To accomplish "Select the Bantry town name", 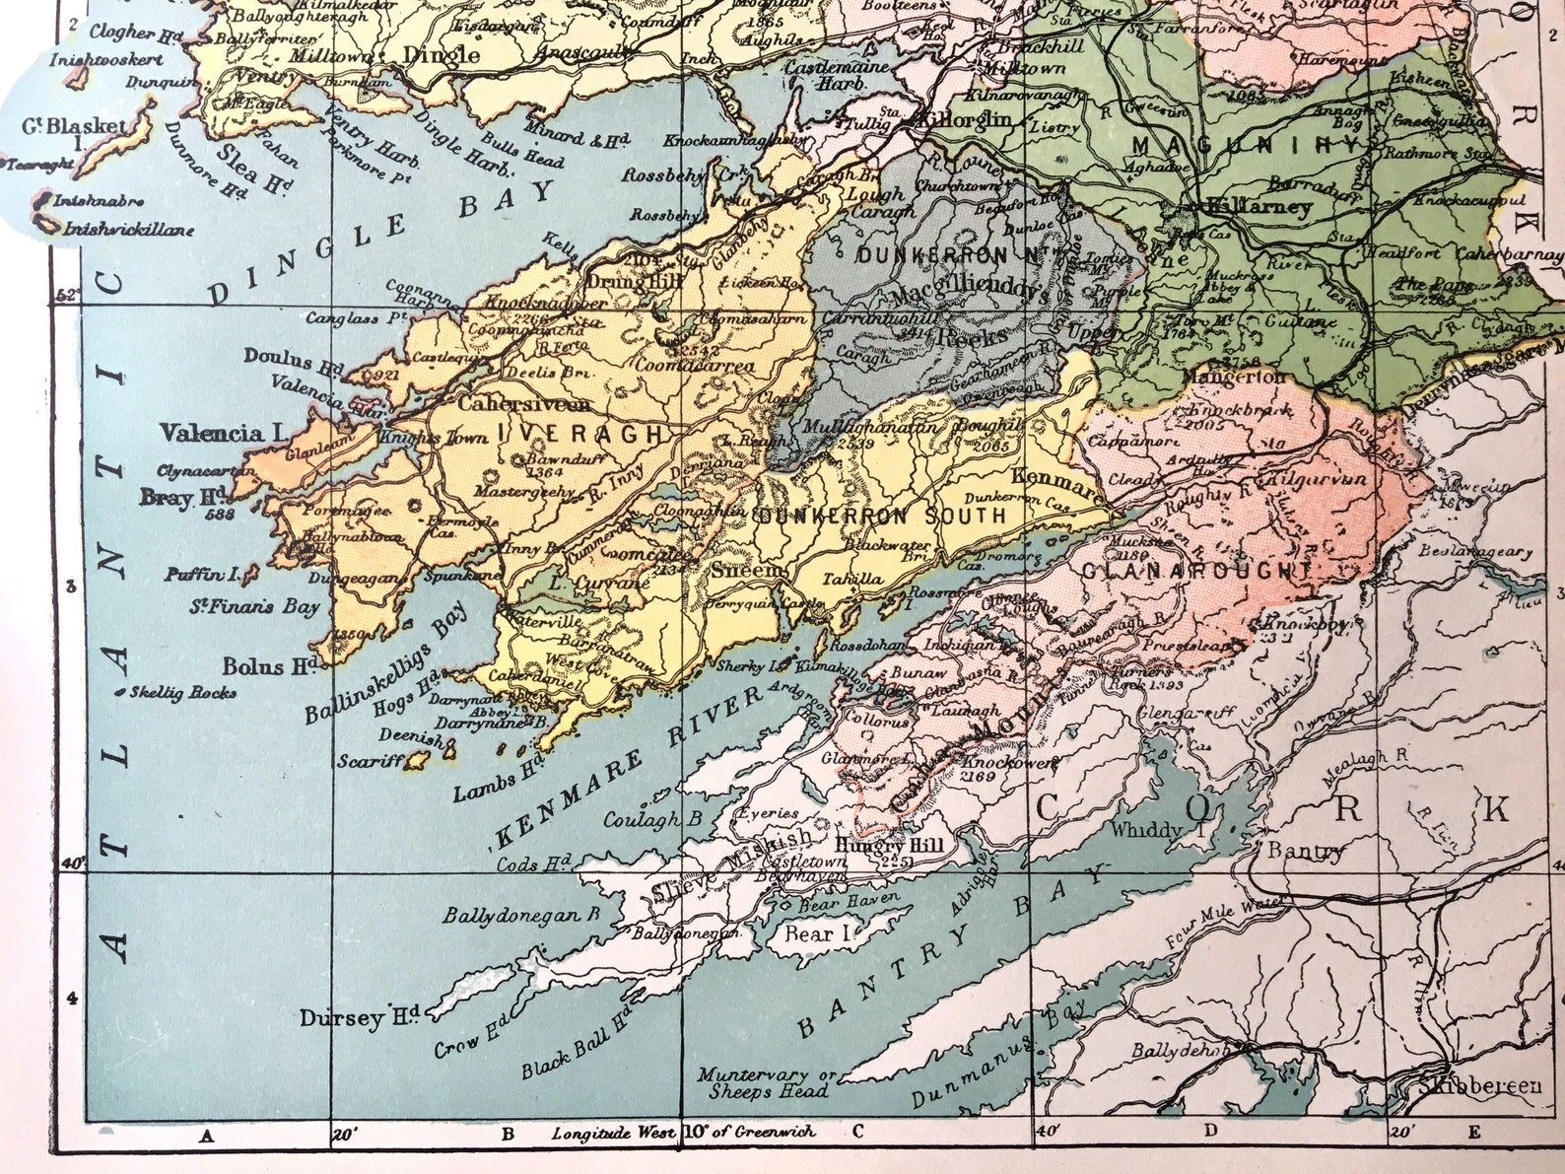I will pos(1305,850).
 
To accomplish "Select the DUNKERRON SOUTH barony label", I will pos(883,516).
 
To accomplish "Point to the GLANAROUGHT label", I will pos(1196,572).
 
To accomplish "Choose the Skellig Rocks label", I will pos(182,693).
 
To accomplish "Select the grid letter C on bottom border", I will pos(856,1133).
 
